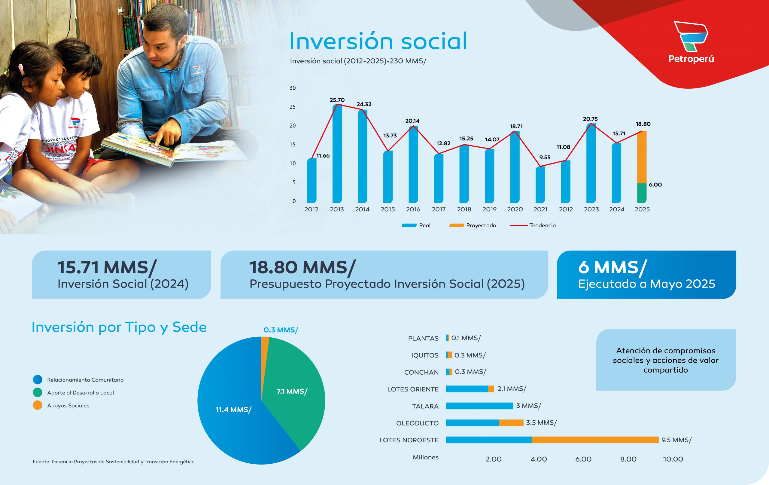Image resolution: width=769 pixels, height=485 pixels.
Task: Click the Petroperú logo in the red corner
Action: tap(691, 41)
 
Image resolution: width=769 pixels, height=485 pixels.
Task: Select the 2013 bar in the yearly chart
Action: tap(337, 153)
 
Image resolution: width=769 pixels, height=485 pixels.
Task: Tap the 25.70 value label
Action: tap(337, 100)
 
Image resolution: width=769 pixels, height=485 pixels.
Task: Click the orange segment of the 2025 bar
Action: tap(642, 157)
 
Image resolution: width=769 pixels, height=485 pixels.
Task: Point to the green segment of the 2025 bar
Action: tap(642, 193)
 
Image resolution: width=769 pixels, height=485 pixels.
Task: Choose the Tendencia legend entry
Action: tap(533, 226)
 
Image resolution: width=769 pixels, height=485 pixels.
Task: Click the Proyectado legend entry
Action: tap(473, 226)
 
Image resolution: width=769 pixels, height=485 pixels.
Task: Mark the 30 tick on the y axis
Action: tap(293, 88)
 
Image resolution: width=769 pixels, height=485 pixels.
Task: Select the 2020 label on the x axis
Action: tap(515, 209)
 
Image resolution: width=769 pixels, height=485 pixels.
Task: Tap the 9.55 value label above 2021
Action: tap(545, 157)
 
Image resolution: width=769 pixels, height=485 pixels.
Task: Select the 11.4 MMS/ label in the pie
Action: tap(233, 410)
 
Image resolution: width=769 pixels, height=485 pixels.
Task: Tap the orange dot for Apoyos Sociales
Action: tap(38, 405)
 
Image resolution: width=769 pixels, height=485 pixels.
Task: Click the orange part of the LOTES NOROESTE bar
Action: tap(595, 440)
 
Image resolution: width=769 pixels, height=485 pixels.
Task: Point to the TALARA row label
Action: tap(425, 406)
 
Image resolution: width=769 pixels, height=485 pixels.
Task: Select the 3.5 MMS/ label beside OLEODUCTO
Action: tap(541, 423)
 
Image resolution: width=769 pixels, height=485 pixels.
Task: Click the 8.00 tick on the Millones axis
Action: tap(628, 459)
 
